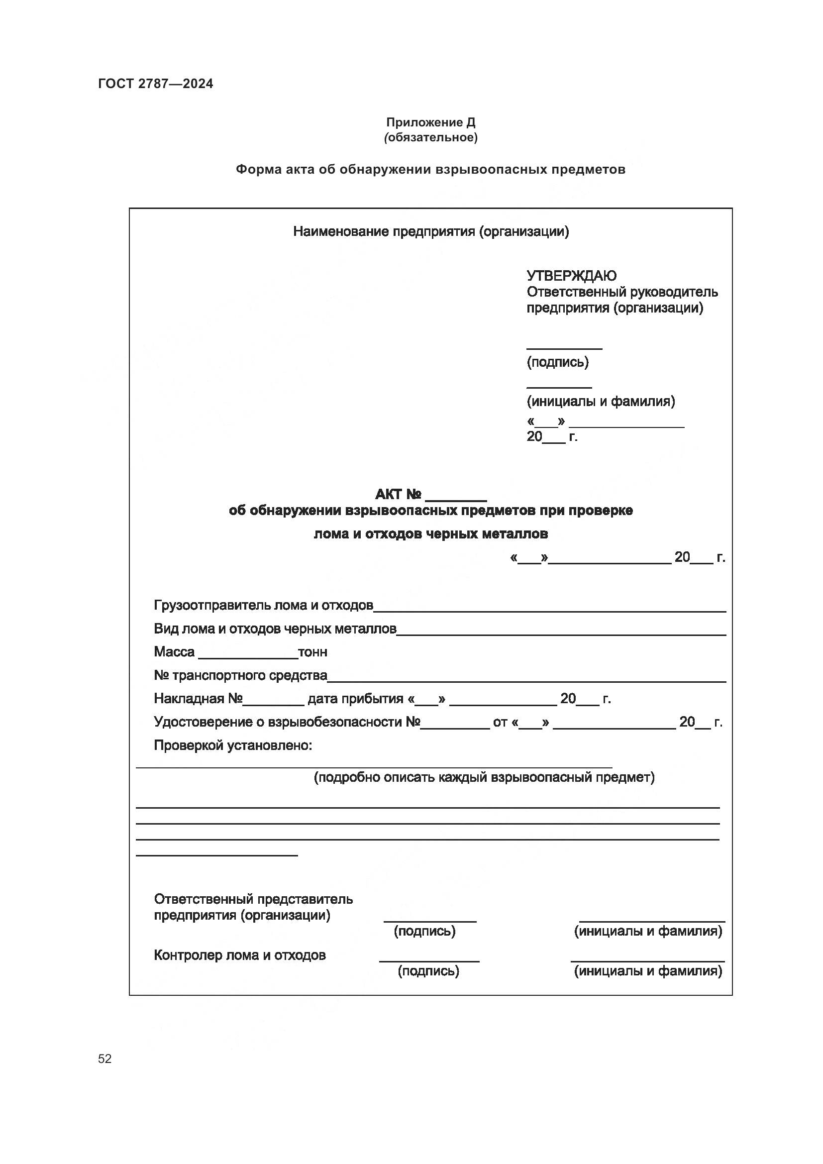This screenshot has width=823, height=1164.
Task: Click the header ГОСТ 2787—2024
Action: [x=156, y=84]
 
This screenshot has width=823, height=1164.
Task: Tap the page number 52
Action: [x=105, y=1058]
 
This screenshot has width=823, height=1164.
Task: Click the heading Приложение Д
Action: [x=430, y=122]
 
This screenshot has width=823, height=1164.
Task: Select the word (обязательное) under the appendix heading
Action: [x=430, y=137]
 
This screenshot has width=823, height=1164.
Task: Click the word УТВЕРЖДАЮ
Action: [x=571, y=276]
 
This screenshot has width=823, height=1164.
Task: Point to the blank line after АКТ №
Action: [x=456, y=499]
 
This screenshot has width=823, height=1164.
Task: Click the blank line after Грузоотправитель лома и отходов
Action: [x=549, y=611]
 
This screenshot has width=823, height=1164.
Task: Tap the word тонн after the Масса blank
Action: [x=312, y=652]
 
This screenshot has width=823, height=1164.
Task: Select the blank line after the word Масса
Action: [x=248, y=657]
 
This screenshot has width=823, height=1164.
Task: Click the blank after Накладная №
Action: [x=273, y=704]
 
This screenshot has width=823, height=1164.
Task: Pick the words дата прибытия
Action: [x=355, y=699]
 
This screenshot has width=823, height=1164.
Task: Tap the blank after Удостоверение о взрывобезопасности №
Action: [x=455, y=727]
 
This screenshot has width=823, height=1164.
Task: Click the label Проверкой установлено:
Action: [x=232, y=745]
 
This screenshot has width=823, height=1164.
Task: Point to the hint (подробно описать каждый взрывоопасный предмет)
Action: [x=484, y=777]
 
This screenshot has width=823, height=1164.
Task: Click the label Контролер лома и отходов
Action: [x=239, y=955]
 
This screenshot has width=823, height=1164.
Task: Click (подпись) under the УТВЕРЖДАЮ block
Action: [x=557, y=362]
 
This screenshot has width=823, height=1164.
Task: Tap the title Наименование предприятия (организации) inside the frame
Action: [x=431, y=232]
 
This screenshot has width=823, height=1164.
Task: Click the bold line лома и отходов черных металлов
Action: [x=431, y=534]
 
